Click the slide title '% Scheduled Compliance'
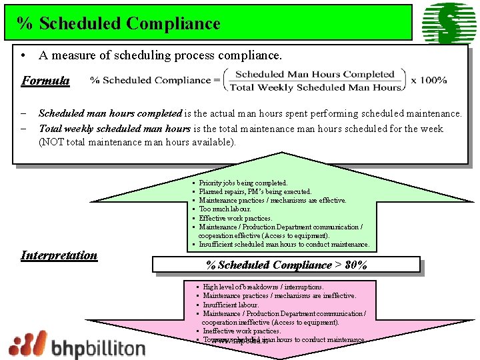[119, 23]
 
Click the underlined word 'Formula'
[45, 81]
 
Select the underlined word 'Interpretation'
[59, 255]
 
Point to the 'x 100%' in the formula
[429, 80]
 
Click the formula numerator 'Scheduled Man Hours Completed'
[315, 75]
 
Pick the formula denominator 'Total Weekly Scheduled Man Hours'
[315, 87]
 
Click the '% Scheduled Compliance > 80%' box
[287, 265]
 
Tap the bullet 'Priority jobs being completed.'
[243, 183]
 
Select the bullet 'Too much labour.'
[225, 209]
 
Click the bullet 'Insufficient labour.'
[231, 304]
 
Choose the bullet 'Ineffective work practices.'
[241, 331]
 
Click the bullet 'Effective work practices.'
[235, 218]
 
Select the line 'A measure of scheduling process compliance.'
[160, 55]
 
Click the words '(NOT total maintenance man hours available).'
[137, 141]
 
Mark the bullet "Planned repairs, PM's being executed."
[255, 191]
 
